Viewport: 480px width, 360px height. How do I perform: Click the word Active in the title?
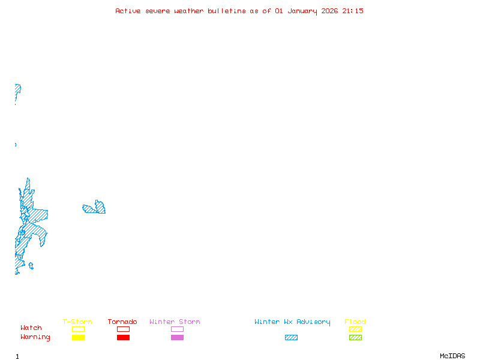(x=128, y=11)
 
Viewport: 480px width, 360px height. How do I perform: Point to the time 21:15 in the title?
(x=353, y=11)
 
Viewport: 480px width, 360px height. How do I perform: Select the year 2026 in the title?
(x=329, y=11)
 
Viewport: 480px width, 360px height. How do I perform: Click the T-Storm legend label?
(x=77, y=322)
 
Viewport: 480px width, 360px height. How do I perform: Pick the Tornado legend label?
(x=122, y=322)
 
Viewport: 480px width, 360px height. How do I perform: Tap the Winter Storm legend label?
(x=175, y=322)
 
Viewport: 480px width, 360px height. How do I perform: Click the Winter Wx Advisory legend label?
(x=292, y=322)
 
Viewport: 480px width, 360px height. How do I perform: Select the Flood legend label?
(x=355, y=322)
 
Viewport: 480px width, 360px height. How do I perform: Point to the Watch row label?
(x=31, y=328)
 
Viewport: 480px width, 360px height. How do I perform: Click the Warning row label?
(x=35, y=337)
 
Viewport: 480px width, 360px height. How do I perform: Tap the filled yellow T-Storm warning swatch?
(x=78, y=337)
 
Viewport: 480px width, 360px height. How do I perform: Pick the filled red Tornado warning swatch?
(x=123, y=337)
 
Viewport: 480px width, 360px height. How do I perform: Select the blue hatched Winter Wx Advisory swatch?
(x=291, y=337)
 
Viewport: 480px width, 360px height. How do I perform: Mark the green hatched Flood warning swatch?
(x=355, y=337)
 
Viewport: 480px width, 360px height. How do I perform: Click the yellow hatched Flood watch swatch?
(x=355, y=329)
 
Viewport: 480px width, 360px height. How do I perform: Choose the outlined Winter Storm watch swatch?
(x=177, y=329)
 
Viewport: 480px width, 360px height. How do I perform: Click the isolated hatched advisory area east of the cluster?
(x=95, y=209)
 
